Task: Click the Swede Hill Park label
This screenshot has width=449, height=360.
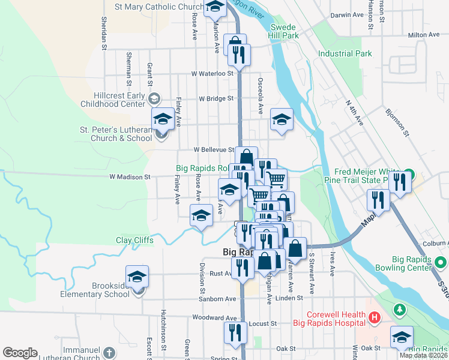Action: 285,31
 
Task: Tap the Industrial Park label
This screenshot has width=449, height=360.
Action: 345,53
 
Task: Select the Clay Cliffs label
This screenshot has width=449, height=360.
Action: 134,241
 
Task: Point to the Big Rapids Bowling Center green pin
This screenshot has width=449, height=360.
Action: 441,262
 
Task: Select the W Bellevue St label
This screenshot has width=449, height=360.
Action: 214,149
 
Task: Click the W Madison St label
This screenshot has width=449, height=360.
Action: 129,177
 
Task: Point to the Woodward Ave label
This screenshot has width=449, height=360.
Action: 215,317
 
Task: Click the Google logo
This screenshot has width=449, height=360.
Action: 20,353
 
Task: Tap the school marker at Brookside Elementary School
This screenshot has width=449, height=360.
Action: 137,277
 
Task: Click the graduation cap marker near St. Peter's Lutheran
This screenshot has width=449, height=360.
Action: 162,119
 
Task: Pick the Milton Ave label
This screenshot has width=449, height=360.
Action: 424,35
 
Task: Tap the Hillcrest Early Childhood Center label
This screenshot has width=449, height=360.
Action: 120,100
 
